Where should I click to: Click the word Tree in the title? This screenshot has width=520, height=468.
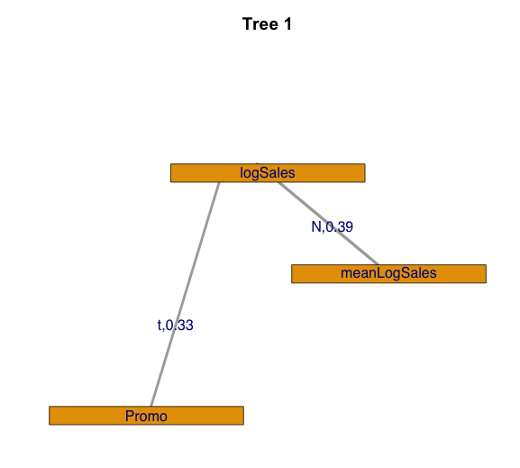click(x=260, y=24)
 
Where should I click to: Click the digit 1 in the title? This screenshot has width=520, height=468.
click(x=287, y=24)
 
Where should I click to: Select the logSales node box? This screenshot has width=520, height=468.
click(x=268, y=173)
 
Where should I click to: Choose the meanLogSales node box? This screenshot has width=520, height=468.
click(x=389, y=274)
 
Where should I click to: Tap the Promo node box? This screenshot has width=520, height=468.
click(x=147, y=416)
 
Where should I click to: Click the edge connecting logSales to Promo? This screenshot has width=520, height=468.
click(x=185, y=294)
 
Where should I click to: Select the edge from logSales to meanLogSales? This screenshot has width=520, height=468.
click(x=328, y=224)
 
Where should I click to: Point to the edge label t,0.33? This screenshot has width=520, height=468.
click(x=176, y=326)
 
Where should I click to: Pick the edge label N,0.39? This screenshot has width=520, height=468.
click(x=333, y=227)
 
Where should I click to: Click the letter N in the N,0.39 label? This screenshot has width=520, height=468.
click(x=316, y=226)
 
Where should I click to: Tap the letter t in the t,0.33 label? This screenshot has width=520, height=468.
click(x=160, y=326)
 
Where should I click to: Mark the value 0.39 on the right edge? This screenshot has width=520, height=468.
click(x=340, y=226)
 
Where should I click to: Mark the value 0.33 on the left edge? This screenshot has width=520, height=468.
click(x=179, y=326)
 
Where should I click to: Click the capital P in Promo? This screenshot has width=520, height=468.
click(x=130, y=416)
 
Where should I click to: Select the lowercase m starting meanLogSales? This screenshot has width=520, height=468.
click(x=346, y=274)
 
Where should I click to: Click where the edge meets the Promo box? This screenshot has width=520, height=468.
click(x=151, y=407)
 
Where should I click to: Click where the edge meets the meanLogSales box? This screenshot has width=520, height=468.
click(x=379, y=264)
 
